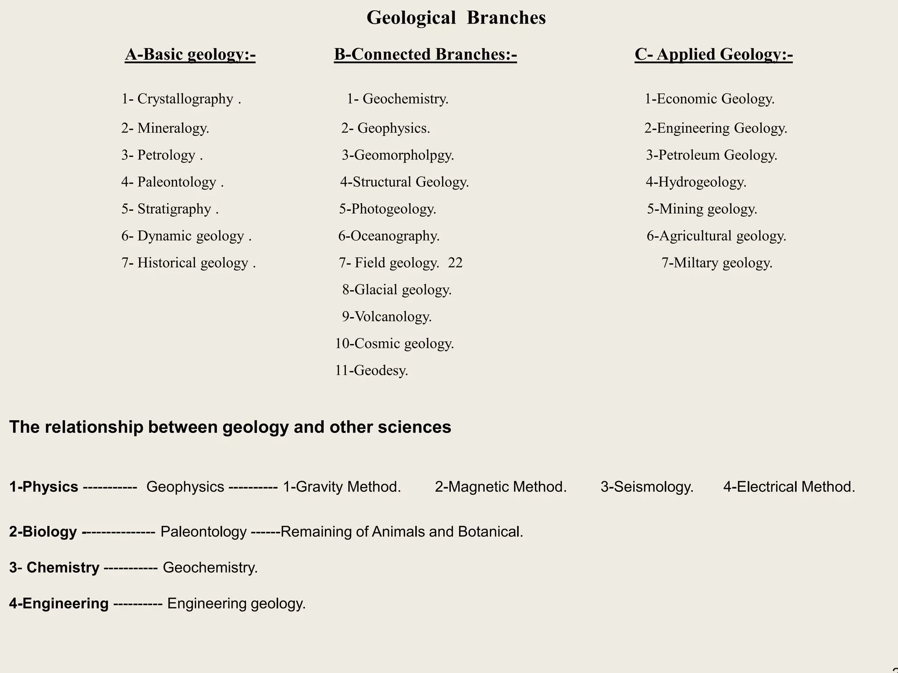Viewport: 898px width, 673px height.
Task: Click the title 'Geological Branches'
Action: pos(456,18)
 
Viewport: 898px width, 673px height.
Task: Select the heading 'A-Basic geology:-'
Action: pos(190,54)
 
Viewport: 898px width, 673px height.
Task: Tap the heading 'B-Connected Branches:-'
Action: pos(425,54)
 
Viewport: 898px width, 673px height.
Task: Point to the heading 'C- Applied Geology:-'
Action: pos(713,54)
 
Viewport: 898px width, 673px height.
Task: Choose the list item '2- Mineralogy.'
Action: pos(165,128)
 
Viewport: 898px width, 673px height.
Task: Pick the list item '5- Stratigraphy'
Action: pos(170,209)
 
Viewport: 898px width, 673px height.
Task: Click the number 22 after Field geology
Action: pos(455,263)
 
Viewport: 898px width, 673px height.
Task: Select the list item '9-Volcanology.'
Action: pos(387,317)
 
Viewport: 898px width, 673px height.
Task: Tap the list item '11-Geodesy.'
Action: pos(371,371)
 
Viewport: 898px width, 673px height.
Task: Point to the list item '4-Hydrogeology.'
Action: pos(696,182)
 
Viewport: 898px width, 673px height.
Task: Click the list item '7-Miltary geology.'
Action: pos(717,263)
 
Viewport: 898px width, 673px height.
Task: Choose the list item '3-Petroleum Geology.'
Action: pos(711,155)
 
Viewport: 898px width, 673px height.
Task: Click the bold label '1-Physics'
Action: pos(44,487)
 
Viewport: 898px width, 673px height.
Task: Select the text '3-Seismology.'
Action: pos(647,487)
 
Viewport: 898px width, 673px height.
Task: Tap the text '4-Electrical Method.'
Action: pos(789,487)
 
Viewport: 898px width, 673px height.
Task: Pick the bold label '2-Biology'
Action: pos(43,532)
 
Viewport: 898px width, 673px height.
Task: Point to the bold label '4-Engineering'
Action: pos(59,604)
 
